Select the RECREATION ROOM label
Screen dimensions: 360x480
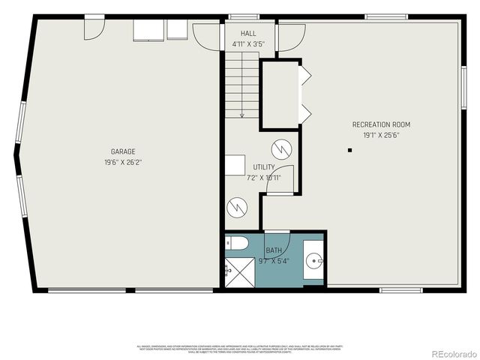[x=381, y=124]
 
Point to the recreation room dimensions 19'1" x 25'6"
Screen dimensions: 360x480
[x=381, y=135]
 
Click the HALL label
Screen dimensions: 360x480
[x=248, y=34]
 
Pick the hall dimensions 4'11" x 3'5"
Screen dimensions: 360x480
[x=248, y=44]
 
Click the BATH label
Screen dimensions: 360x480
[x=274, y=250]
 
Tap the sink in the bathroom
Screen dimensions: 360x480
[x=313, y=262]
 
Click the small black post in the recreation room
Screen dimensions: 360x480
[x=349, y=151]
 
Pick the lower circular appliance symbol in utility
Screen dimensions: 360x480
[x=237, y=205]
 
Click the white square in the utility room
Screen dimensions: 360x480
[x=236, y=166]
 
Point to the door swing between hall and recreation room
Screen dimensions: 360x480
[x=292, y=37]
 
